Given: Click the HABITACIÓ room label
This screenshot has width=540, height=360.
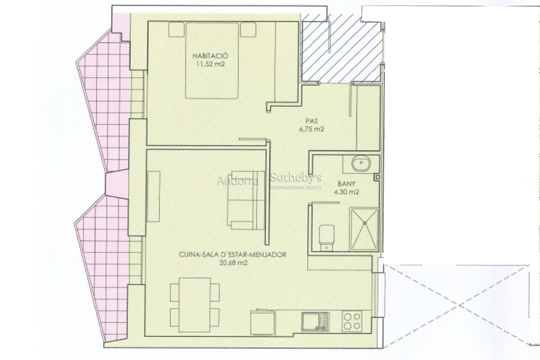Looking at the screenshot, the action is pyautogui.click(x=210, y=56).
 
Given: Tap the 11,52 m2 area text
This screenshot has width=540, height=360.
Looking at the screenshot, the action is pyautogui.click(x=210, y=64).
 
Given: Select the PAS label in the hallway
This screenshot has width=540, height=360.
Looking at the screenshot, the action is pyautogui.click(x=312, y=121).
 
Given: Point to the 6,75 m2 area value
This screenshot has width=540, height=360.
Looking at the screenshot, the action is pyautogui.click(x=312, y=130).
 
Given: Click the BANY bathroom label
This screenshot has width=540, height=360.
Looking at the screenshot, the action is pyautogui.click(x=346, y=184).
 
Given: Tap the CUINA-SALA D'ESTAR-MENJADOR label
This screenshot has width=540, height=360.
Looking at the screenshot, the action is pyautogui.click(x=232, y=255).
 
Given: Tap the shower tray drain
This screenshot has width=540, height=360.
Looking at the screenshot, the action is pyautogui.click(x=365, y=223).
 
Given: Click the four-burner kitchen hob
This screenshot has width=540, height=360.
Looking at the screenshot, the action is pyautogui.click(x=352, y=321).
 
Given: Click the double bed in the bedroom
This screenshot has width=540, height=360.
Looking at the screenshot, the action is pyautogui.click(x=212, y=61).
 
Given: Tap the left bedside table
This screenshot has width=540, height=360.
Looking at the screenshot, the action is pyautogui.click(x=176, y=30).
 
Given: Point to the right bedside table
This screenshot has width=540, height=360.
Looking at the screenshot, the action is pyautogui.click(x=248, y=30).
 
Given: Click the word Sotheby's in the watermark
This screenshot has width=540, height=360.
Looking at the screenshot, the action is pyautogui.click(x=296, y=178).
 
